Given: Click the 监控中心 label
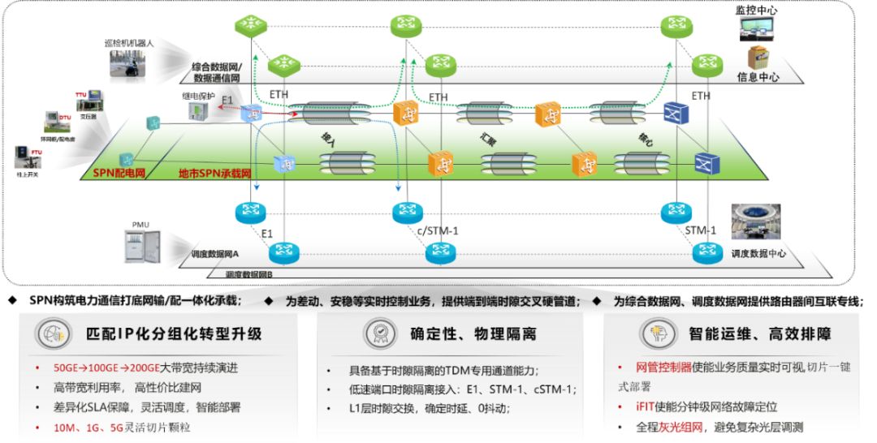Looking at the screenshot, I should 757,10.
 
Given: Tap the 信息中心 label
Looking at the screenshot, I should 758,78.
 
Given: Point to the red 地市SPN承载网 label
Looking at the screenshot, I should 215,174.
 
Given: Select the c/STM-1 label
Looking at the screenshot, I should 438,231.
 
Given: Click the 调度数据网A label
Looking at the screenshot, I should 220,254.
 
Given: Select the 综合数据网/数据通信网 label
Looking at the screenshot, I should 227,72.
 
